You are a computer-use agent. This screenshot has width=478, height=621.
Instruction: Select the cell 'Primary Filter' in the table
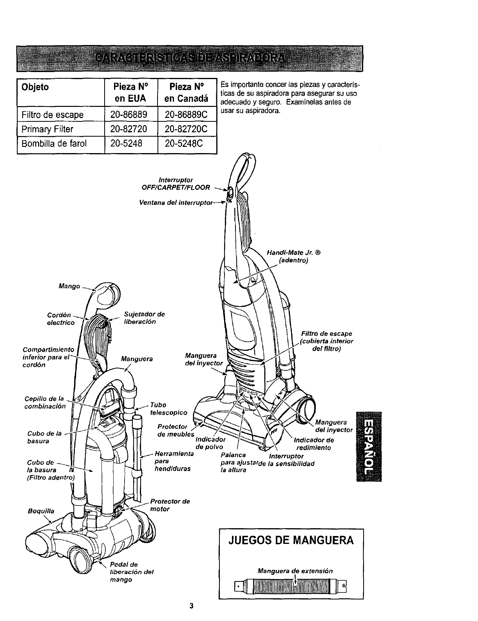pyautogui.click(x=47, y=129)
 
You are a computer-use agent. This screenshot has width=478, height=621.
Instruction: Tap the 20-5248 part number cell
pyautogui.click(x=123, y=144)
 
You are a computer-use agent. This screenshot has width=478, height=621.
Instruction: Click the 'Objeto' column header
pyautogui.click(x=36, y=87)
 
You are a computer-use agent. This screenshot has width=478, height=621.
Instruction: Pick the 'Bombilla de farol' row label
pyautogui.click(x=54, y=144)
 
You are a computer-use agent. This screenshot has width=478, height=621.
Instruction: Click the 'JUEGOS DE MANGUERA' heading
pyautogui.click(x=291, y=541)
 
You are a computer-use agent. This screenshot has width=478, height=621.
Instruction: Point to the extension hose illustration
pyautogui.click(x=291, y=586)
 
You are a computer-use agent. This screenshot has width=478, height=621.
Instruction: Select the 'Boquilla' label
pyautogui.click(x=41, y=511)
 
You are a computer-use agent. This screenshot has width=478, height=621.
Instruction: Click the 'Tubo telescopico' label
pyautogui.click(x=168, y=408)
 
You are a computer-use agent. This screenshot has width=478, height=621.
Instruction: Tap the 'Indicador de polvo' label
pyautogui.click(x=210, y=443)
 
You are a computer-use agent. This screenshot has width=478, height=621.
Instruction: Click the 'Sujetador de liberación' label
pyautogui.click(x=144, y=318)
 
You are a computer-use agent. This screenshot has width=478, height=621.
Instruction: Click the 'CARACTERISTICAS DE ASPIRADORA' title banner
pyautogui.click(x=190, y=59)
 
